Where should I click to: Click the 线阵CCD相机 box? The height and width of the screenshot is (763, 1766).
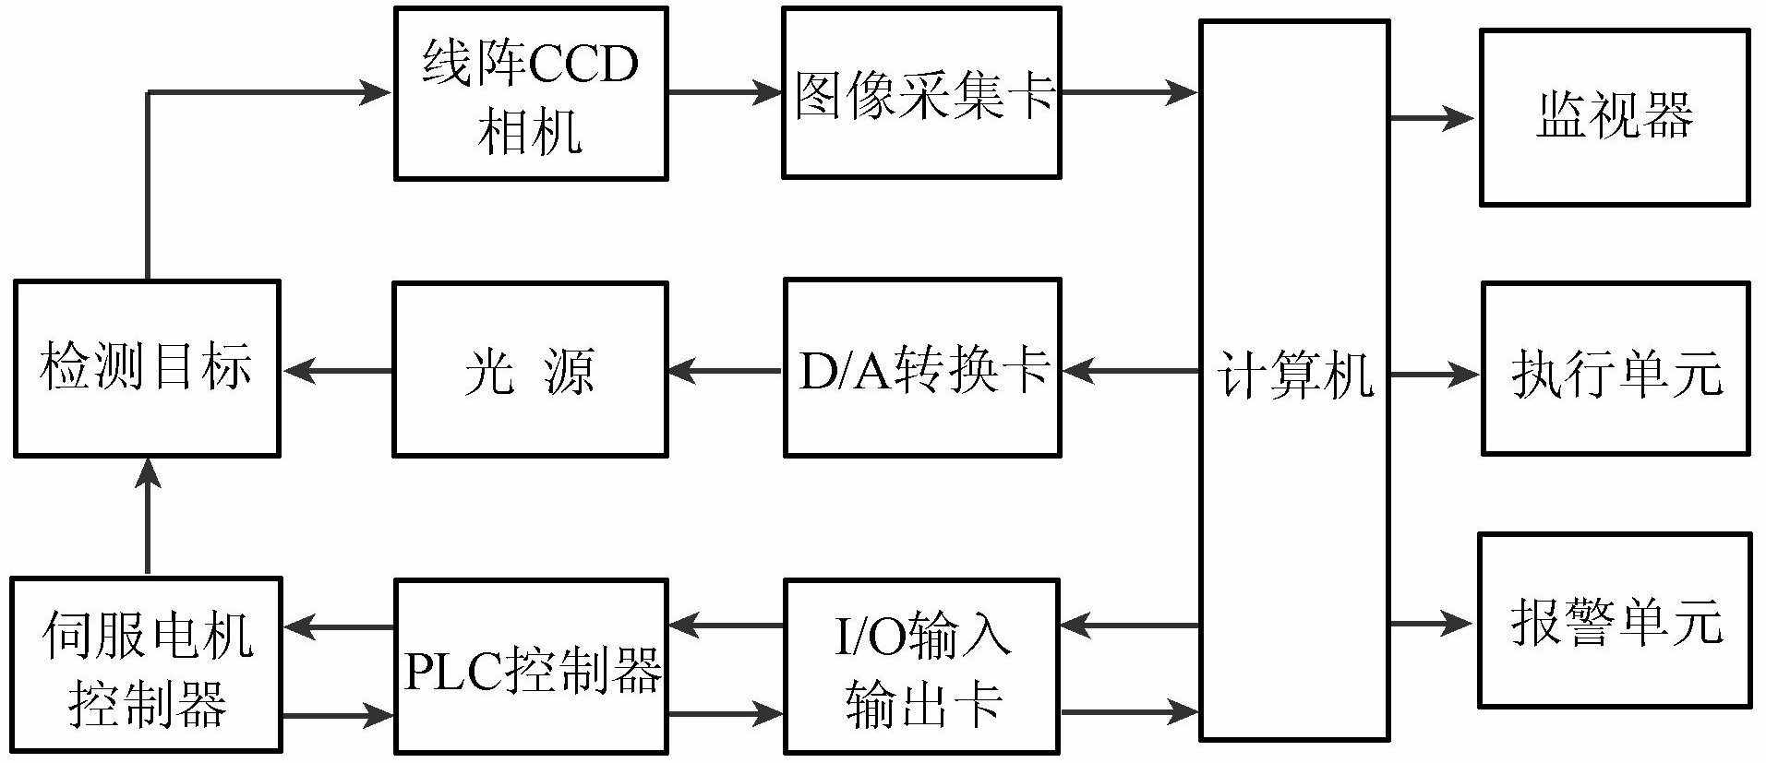pyautogui.click(x=531, y=93)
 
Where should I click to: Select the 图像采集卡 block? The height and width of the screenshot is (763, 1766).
pyautogui.click(x=921, y=93)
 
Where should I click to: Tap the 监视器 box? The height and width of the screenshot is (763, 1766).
pyautogui.click(x=1614, y=117)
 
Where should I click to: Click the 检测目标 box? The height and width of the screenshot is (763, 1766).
pyautogui.click(x=147, y=368)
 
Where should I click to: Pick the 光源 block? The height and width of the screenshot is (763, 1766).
pyautogui.click(x=530, y=369)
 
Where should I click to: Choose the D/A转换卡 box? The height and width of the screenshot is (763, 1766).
pyautogui.click(x=921, y=369)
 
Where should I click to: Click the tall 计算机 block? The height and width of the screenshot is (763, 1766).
pyautogui.click(x=1294, y=379)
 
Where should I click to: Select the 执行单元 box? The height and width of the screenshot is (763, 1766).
pyautogui.click(x=1615, y=369)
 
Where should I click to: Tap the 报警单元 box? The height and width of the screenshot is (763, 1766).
pyautogui.click(x=1615, y=620)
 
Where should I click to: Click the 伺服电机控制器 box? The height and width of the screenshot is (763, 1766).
pyautogui.click(x=147, y=664)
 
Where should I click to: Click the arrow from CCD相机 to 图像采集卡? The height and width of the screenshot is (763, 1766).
pyautogui.click(x=725, y=92)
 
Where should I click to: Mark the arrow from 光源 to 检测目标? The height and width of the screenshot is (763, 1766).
pyautogui.click(x=336, y=372)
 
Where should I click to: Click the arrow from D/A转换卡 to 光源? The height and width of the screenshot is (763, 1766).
pyautogui.click(x=725, y=372)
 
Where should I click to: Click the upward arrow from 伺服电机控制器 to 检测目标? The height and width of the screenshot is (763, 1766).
pyautogui.click(x=148, y=517)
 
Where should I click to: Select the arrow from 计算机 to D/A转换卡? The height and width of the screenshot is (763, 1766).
pyautogui.click(x=1131, y=372)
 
